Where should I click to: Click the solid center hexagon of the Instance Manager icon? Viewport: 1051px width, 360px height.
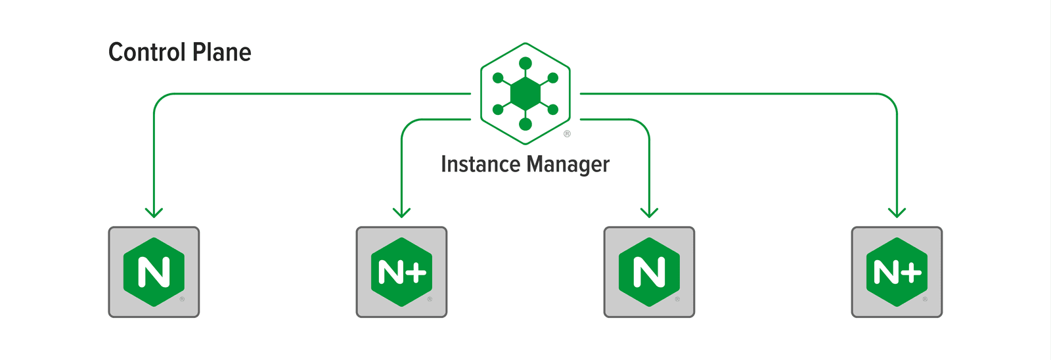(525, 94)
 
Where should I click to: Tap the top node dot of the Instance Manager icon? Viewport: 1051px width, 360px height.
(525, 64)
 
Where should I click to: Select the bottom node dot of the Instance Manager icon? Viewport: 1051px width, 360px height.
(525, 124)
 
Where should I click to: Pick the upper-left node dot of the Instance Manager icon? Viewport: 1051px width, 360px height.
(498, 78)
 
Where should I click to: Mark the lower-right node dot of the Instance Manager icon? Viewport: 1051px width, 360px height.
(553, 110)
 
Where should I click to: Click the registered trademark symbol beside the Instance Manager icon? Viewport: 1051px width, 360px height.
(567, 134)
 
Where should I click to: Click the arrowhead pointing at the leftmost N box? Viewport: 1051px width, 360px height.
(154, 212)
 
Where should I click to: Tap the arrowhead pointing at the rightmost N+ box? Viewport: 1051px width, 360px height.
(897, 212)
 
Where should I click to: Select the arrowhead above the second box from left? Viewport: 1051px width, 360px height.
(401, 212)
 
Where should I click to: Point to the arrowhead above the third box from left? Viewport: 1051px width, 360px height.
(649, 212)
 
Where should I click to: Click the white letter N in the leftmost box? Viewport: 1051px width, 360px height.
(154, 273)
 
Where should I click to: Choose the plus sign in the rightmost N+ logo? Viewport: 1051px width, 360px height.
(913, 273)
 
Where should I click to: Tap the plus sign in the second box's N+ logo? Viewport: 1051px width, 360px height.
(418, 273)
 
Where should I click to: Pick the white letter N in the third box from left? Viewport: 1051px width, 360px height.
(649, 273)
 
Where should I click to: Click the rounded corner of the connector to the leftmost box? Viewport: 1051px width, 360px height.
(160, 100)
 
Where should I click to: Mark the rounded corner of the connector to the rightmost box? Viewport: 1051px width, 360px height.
(891, 100)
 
